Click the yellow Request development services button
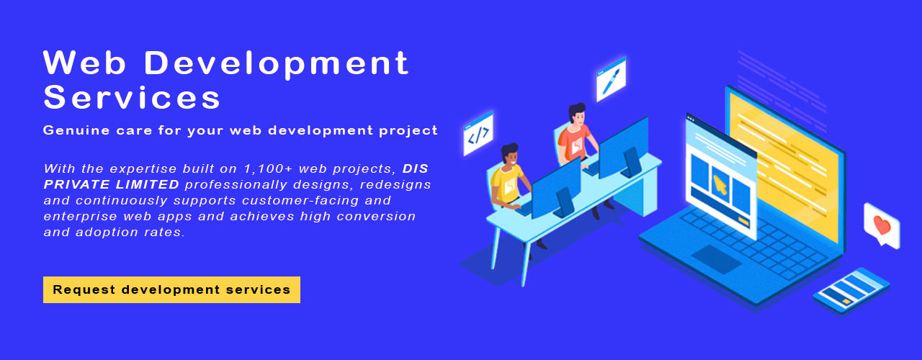[x=171, y=289]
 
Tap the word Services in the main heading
[x=132, y=97]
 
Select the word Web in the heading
[x=84, y=63]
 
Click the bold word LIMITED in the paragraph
[x=147, y=184]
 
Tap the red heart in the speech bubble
[x=882, y=225]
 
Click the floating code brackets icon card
[x=478, y=133]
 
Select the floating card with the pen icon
[x=612, y=79]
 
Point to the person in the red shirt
[x=576, y=136]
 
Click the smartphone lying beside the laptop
[x=851, y=291]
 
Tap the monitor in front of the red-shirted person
[x=624, y=148]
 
